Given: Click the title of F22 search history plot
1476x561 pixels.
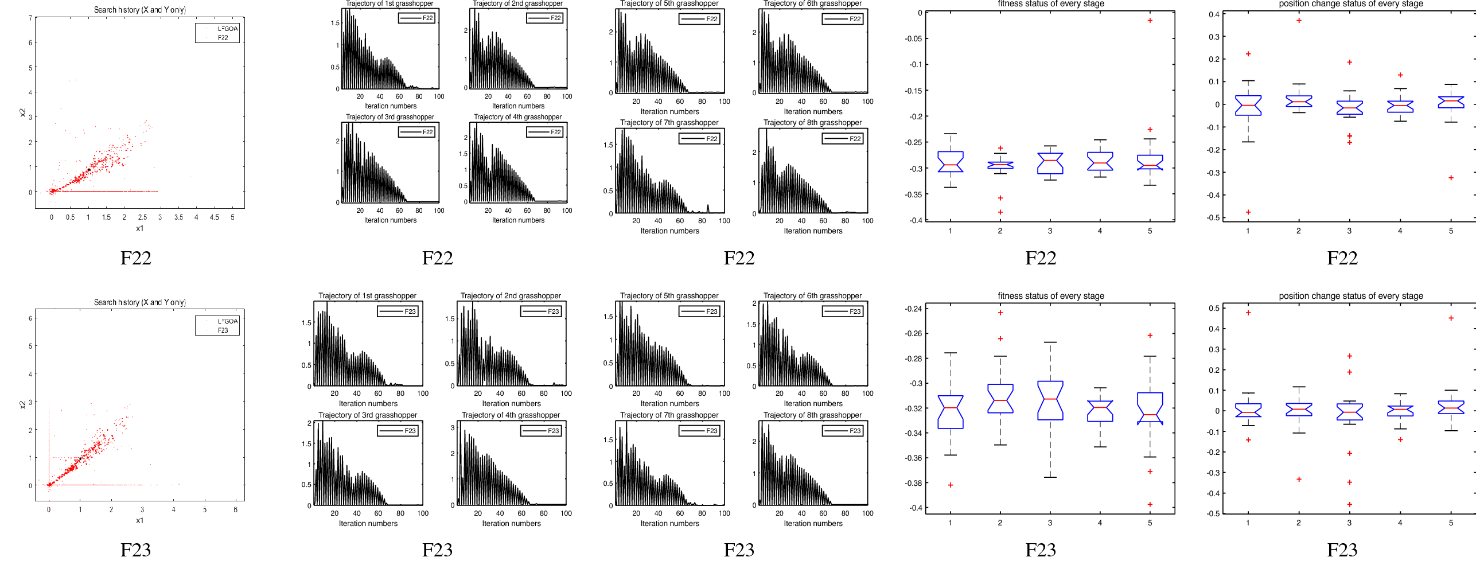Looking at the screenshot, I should pos(139,10).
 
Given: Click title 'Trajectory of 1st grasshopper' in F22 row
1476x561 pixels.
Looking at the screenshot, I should pos(390,3).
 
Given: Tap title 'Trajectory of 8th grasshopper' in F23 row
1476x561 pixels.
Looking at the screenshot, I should pos(812,415).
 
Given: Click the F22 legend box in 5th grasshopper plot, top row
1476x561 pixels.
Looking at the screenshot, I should pos(699,19).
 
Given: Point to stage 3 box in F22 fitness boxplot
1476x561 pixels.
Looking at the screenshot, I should pos(1050,163).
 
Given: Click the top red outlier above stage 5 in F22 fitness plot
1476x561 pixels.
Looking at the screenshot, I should pos(1150,21).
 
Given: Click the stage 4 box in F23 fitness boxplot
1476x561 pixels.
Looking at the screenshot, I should pos(1100,411).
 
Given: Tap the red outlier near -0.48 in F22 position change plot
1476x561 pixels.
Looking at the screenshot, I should pos(1248,212).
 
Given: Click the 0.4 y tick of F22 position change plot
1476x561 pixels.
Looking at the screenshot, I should pos(1214,14).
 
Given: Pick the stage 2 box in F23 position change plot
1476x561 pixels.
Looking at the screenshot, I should pos(1299,409).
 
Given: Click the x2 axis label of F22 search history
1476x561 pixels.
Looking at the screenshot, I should pos(23,113).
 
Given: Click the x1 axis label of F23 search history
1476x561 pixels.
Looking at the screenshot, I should pos(139,521).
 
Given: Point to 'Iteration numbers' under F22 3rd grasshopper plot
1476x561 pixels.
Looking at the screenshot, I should pos(390,220).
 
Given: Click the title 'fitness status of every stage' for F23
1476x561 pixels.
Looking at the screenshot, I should pos(1050,296).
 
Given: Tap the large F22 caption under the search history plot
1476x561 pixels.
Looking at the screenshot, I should pos(135,258).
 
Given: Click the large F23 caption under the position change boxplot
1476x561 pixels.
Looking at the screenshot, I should pos(1342,550).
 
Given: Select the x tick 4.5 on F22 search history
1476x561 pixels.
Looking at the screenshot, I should pos(214,217).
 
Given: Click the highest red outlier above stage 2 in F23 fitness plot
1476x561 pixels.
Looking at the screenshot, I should pos(1000,313).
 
